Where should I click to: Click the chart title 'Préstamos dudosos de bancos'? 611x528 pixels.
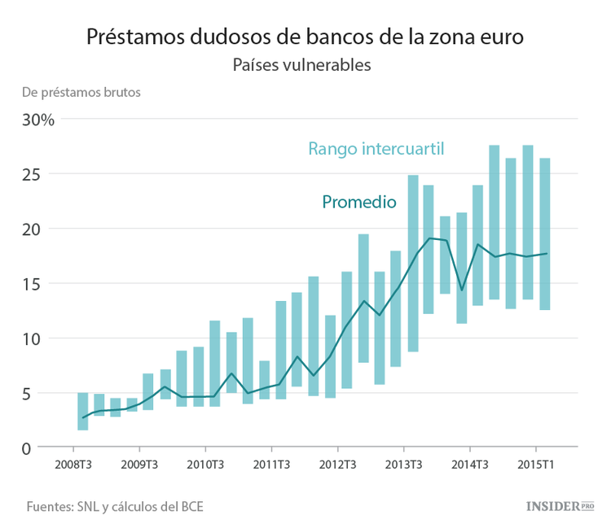[305, 37]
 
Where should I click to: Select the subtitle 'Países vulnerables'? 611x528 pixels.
[302, 65]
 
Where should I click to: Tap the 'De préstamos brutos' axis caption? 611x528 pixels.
[81, 92]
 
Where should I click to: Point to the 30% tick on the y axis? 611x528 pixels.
[38, 120]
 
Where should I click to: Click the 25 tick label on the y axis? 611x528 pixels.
[42, 174]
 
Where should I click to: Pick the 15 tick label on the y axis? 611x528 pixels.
[42, 284]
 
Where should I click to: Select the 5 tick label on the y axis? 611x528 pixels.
[48, 394]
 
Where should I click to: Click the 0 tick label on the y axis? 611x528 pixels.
[48, 448]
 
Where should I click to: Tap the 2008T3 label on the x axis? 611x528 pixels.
[73, 466]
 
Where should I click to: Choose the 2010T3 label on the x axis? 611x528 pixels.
[205, 466]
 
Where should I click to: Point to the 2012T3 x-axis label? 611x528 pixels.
[337, 466]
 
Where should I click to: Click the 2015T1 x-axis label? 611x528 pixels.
[535, 466]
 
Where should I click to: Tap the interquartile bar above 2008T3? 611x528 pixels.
[82, 411]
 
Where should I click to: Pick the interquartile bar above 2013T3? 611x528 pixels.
[413, 263]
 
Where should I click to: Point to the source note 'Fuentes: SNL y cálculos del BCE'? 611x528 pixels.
[115, 506]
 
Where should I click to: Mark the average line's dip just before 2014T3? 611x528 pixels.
[462, 290]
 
